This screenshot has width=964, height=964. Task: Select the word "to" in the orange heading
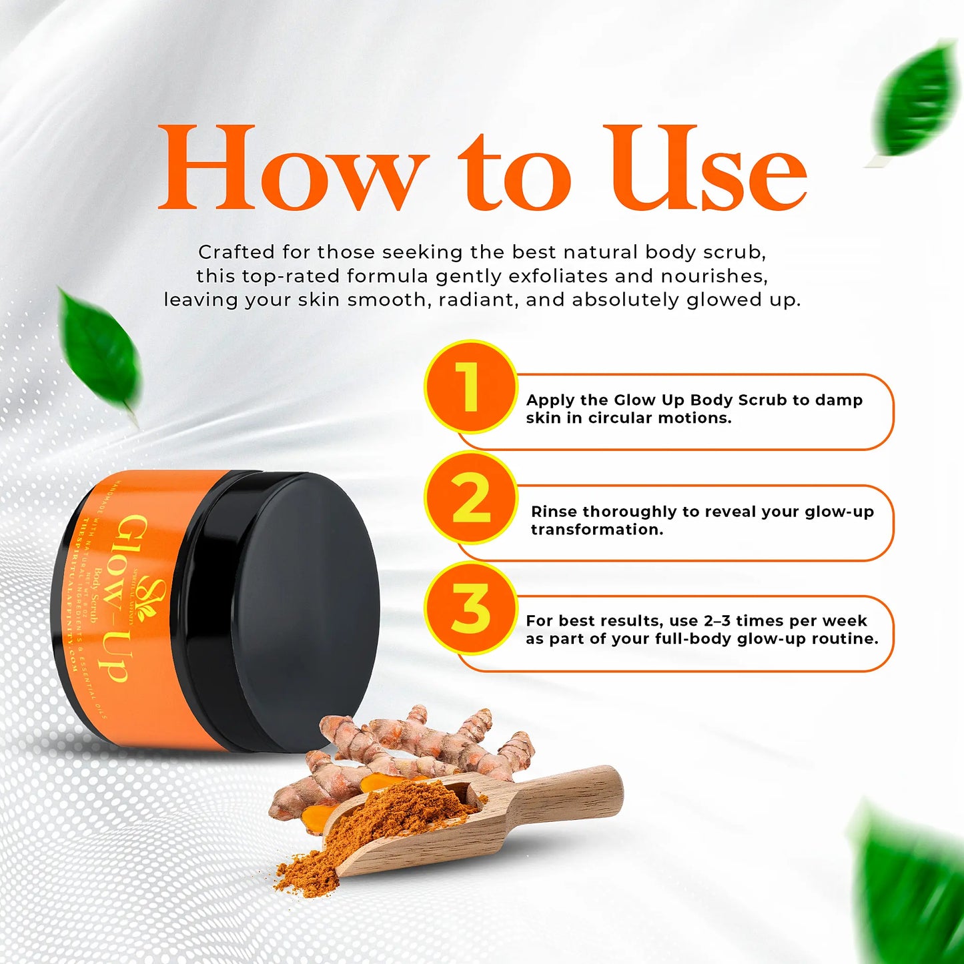tap(514, 172)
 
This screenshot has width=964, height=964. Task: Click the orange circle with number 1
tap(470, 387)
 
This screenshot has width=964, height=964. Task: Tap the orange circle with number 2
tap(470, 498)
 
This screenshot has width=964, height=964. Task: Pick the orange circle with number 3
tap(470, 608)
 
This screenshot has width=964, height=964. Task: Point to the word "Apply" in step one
tap(550, 400)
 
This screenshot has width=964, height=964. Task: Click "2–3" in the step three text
tap(717, 621)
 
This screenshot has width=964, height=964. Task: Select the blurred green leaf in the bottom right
tap(911, 881)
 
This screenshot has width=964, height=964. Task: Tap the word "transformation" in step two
tap(596, 530)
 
